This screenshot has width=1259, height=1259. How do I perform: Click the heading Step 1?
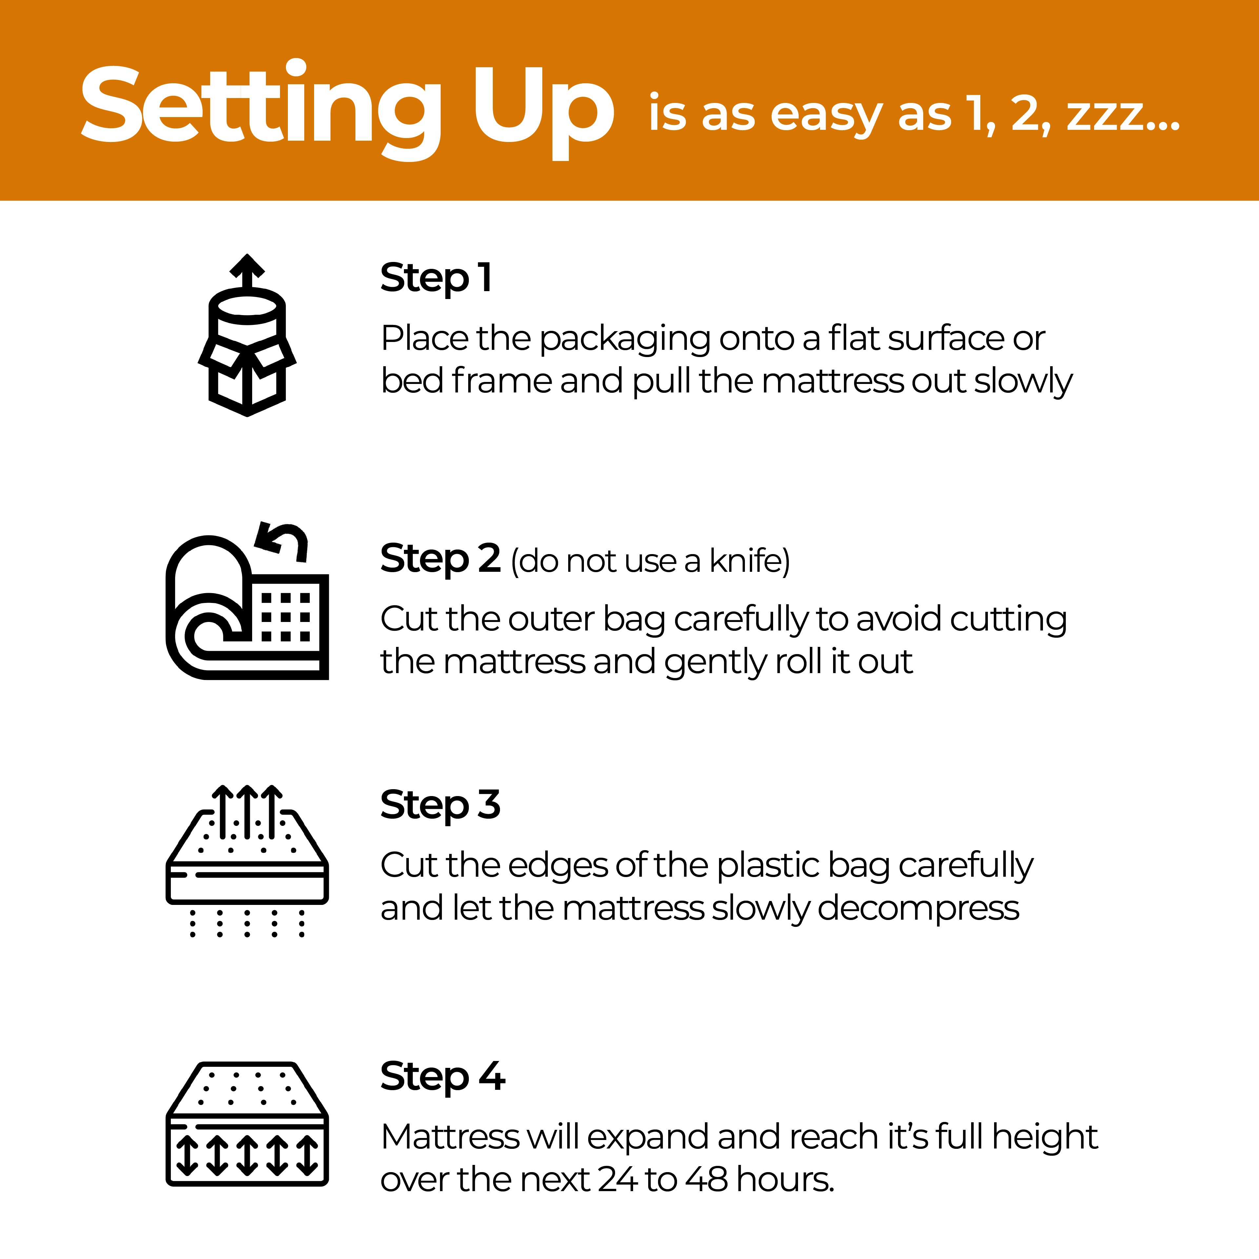click(x=435, y=278)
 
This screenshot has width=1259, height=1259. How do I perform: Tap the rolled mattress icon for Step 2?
click(x=247, y=603)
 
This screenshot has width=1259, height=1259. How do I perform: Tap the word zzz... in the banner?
click(x=1122, y=113)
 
